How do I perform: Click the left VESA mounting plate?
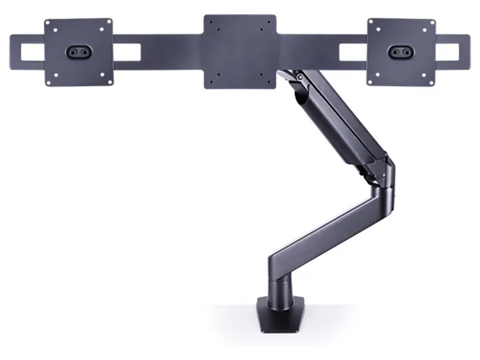pos(78,67)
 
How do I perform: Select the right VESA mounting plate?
pos(401,67)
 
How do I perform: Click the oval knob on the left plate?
pos(78,51)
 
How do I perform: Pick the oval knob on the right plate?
pos(401,51)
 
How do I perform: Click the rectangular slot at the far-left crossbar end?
pos(30,51)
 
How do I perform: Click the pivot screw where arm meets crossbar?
pos(301,79)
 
